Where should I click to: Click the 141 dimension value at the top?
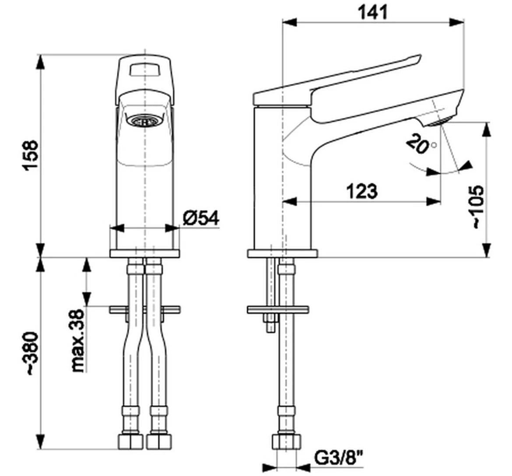point(372,12)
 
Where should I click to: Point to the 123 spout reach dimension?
point(361,191)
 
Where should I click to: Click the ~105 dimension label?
point(478,206)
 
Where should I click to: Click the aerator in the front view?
point(144,121)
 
